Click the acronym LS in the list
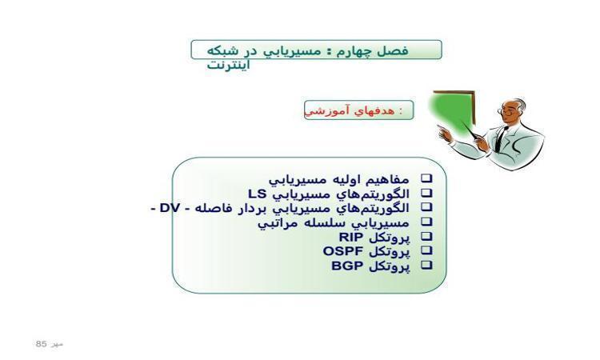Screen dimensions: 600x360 [x=257, y=194]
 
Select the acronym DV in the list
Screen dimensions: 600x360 [x=170, y=208]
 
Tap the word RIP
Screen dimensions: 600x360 [x=351, y=237]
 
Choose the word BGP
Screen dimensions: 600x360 [x=347, y=266]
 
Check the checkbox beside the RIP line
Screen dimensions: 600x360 [x=426, y=237]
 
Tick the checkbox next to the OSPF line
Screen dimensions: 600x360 [x=426, y=250]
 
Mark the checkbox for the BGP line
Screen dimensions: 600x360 [x=426, y=265]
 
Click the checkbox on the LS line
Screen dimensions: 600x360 [x=426, y=193]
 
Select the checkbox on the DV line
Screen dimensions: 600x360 [x=426, y=207]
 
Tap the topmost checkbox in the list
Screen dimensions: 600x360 [x=426, y=178]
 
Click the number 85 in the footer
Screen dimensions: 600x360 [x=41, y=343]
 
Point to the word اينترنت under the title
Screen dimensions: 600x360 [x=229, y=64]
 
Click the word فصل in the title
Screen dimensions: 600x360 [x=393, y=50]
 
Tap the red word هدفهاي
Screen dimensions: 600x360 [x=374, y=110]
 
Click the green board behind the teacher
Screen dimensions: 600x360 [x=452, y=111]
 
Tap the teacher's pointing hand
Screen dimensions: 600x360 [x=445, y=133]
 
